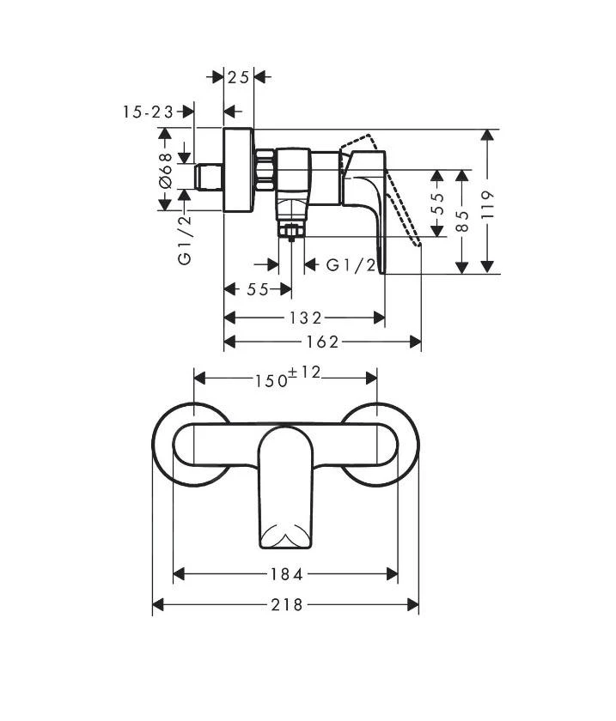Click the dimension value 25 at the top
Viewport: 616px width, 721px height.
(x=239, y=77)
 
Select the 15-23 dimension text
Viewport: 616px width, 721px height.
(x=148, y=112)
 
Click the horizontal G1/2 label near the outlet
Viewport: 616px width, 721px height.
(x=351, y=265)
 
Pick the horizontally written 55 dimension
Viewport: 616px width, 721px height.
(x=258, y=289)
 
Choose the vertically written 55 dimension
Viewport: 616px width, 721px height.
(x=437, y=203)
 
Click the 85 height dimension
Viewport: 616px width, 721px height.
(x=463, y=221)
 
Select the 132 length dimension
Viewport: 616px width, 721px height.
(x=305, y=318)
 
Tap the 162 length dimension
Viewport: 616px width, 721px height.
(x=322, y=342)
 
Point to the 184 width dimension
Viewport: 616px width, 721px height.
(x=286, y=575)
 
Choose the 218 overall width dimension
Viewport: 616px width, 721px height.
(x=286, y=605)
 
